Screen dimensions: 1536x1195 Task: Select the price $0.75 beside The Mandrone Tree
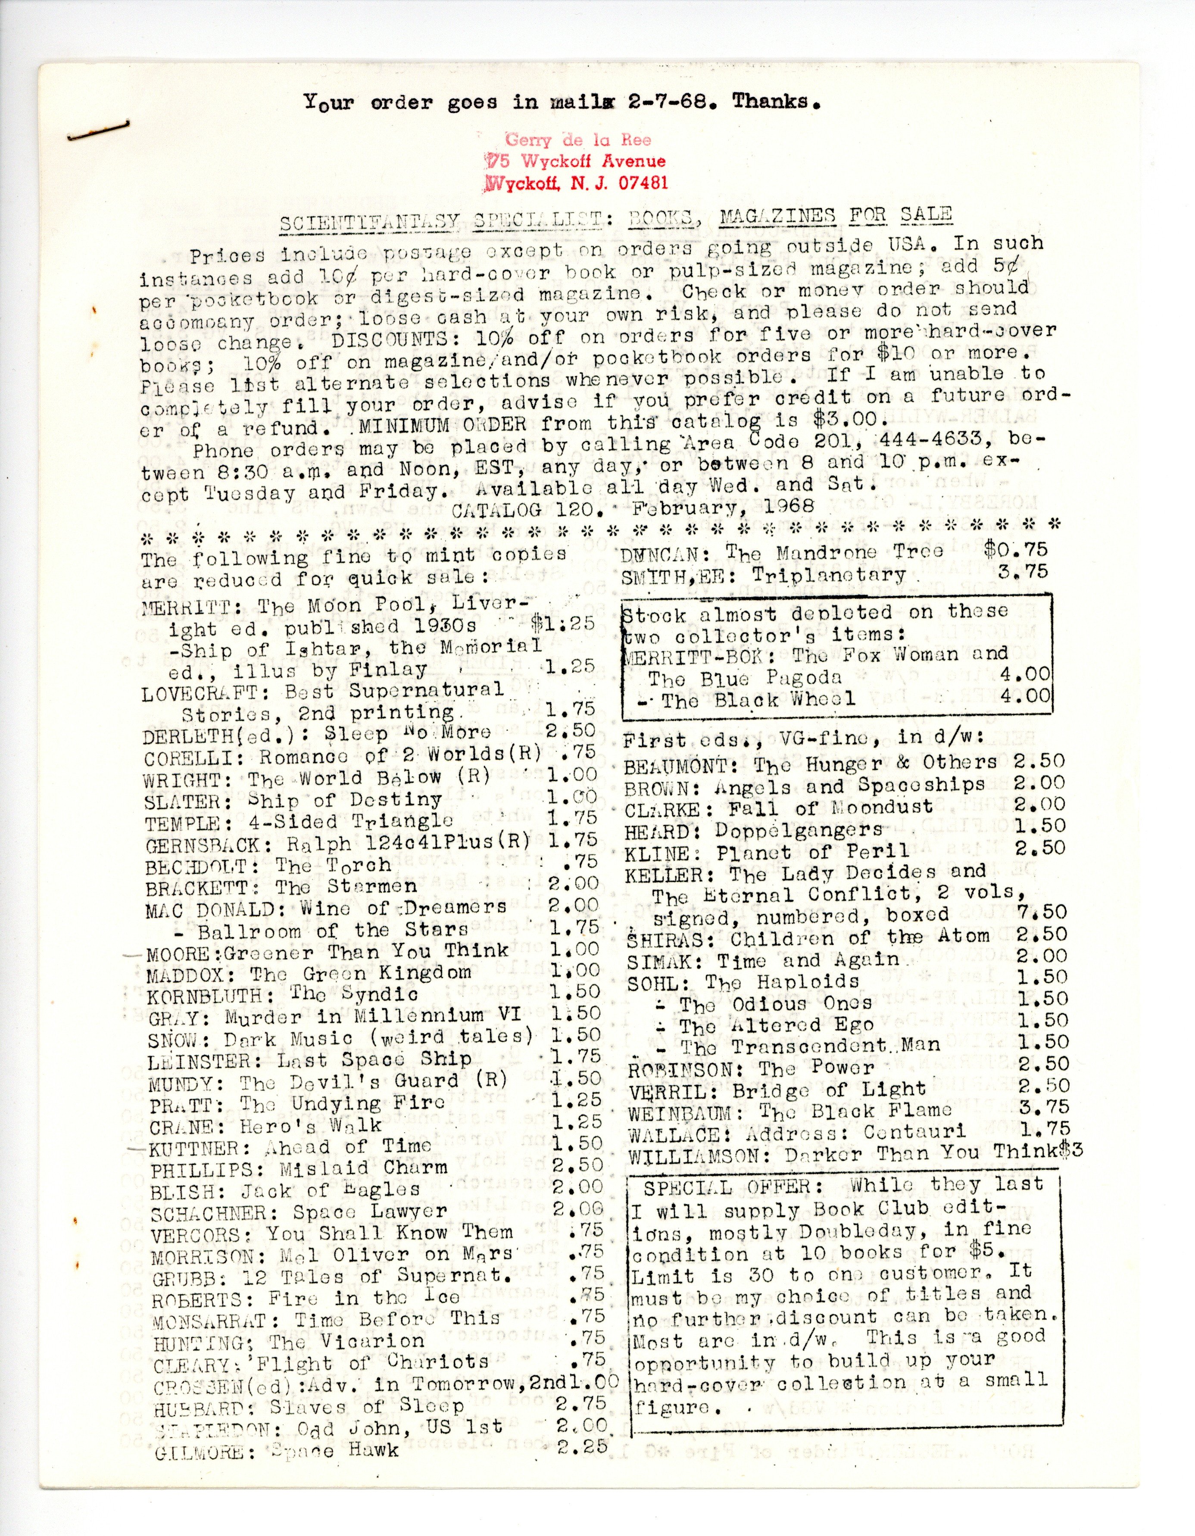click(x=1016, y=549)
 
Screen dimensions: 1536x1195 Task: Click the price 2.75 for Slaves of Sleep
click(x=580, y=1403)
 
